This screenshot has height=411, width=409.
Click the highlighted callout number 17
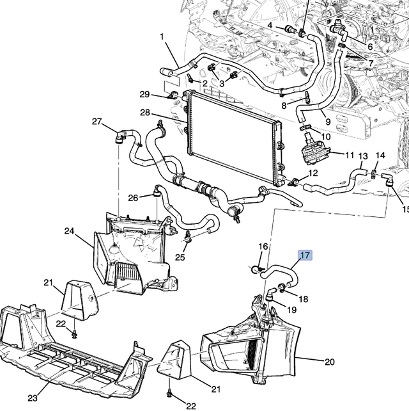click(305, 255)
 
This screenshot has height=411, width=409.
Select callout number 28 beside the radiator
click(145, 113)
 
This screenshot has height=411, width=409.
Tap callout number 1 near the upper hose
click(162, 36)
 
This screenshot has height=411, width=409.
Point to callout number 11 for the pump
click(350, 155)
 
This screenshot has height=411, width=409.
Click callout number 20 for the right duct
click(330, 362)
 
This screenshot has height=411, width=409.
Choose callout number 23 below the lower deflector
click(33, 398)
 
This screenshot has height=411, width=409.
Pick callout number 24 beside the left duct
click(70, 231)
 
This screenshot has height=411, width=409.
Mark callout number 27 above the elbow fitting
click(96, 122)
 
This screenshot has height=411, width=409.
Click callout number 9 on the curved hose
click(328, 122)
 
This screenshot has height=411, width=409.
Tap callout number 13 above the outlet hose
click(363, 156)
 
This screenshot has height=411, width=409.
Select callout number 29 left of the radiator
click(144, 94)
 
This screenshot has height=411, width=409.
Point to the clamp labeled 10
click(304, 127)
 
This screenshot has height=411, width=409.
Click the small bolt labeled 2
click(190, 78)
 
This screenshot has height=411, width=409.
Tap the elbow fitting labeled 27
click(121, 136)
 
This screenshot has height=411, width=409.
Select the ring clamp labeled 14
click(374, 173)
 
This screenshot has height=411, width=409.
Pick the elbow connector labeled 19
click(270, 294)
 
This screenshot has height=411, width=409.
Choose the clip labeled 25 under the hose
click(188, 236)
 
